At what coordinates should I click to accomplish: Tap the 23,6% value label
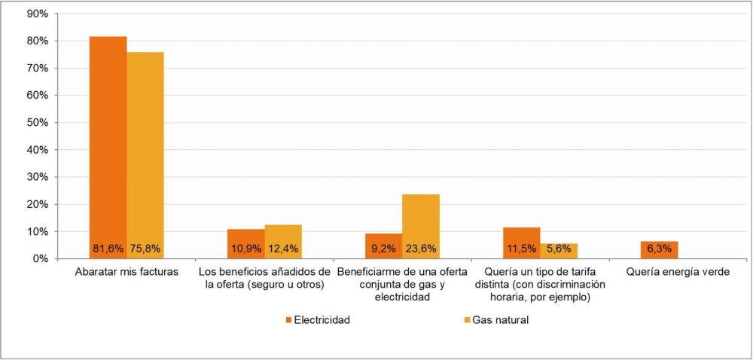tap(421, 248)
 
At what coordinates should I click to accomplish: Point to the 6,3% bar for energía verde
tap(660, 249)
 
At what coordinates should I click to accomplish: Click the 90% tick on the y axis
tap(37, 14)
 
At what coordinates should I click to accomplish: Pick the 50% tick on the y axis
tap(37, 123)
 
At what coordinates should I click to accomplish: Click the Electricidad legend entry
tap(316, 320)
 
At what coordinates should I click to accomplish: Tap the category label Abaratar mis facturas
tap(127, 272)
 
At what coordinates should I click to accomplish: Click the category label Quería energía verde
tap(678, 272)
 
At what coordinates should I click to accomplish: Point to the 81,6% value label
tap(108, 248)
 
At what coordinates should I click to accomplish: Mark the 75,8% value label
tap(145, 248)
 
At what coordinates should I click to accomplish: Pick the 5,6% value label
tap(559, 248)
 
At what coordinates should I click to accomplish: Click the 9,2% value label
tap(383, 248)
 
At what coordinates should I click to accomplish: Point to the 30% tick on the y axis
tap(37, 177)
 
